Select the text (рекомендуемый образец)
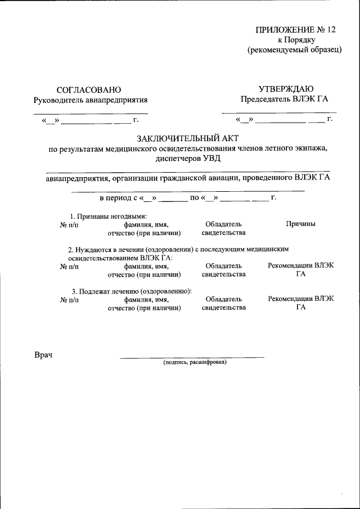pyautogui.click(x=295, y=50)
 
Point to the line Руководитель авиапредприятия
pyautogui.click(x=91, y=100)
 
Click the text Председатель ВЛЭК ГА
pyautogui.click(x=284, y=100)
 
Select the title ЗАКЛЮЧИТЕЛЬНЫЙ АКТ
pyautogui.click(x=187, y=138)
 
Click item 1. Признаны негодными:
pyautogui.click(x=108, y=217)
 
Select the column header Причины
pyautogui.click(x=300, y=224)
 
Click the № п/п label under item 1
pyautogui.click(x=69, y=224)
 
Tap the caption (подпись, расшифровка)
pyautogui.click(x=195, y=363)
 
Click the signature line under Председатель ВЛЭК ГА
pyautogui.click(x=278, y=112)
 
